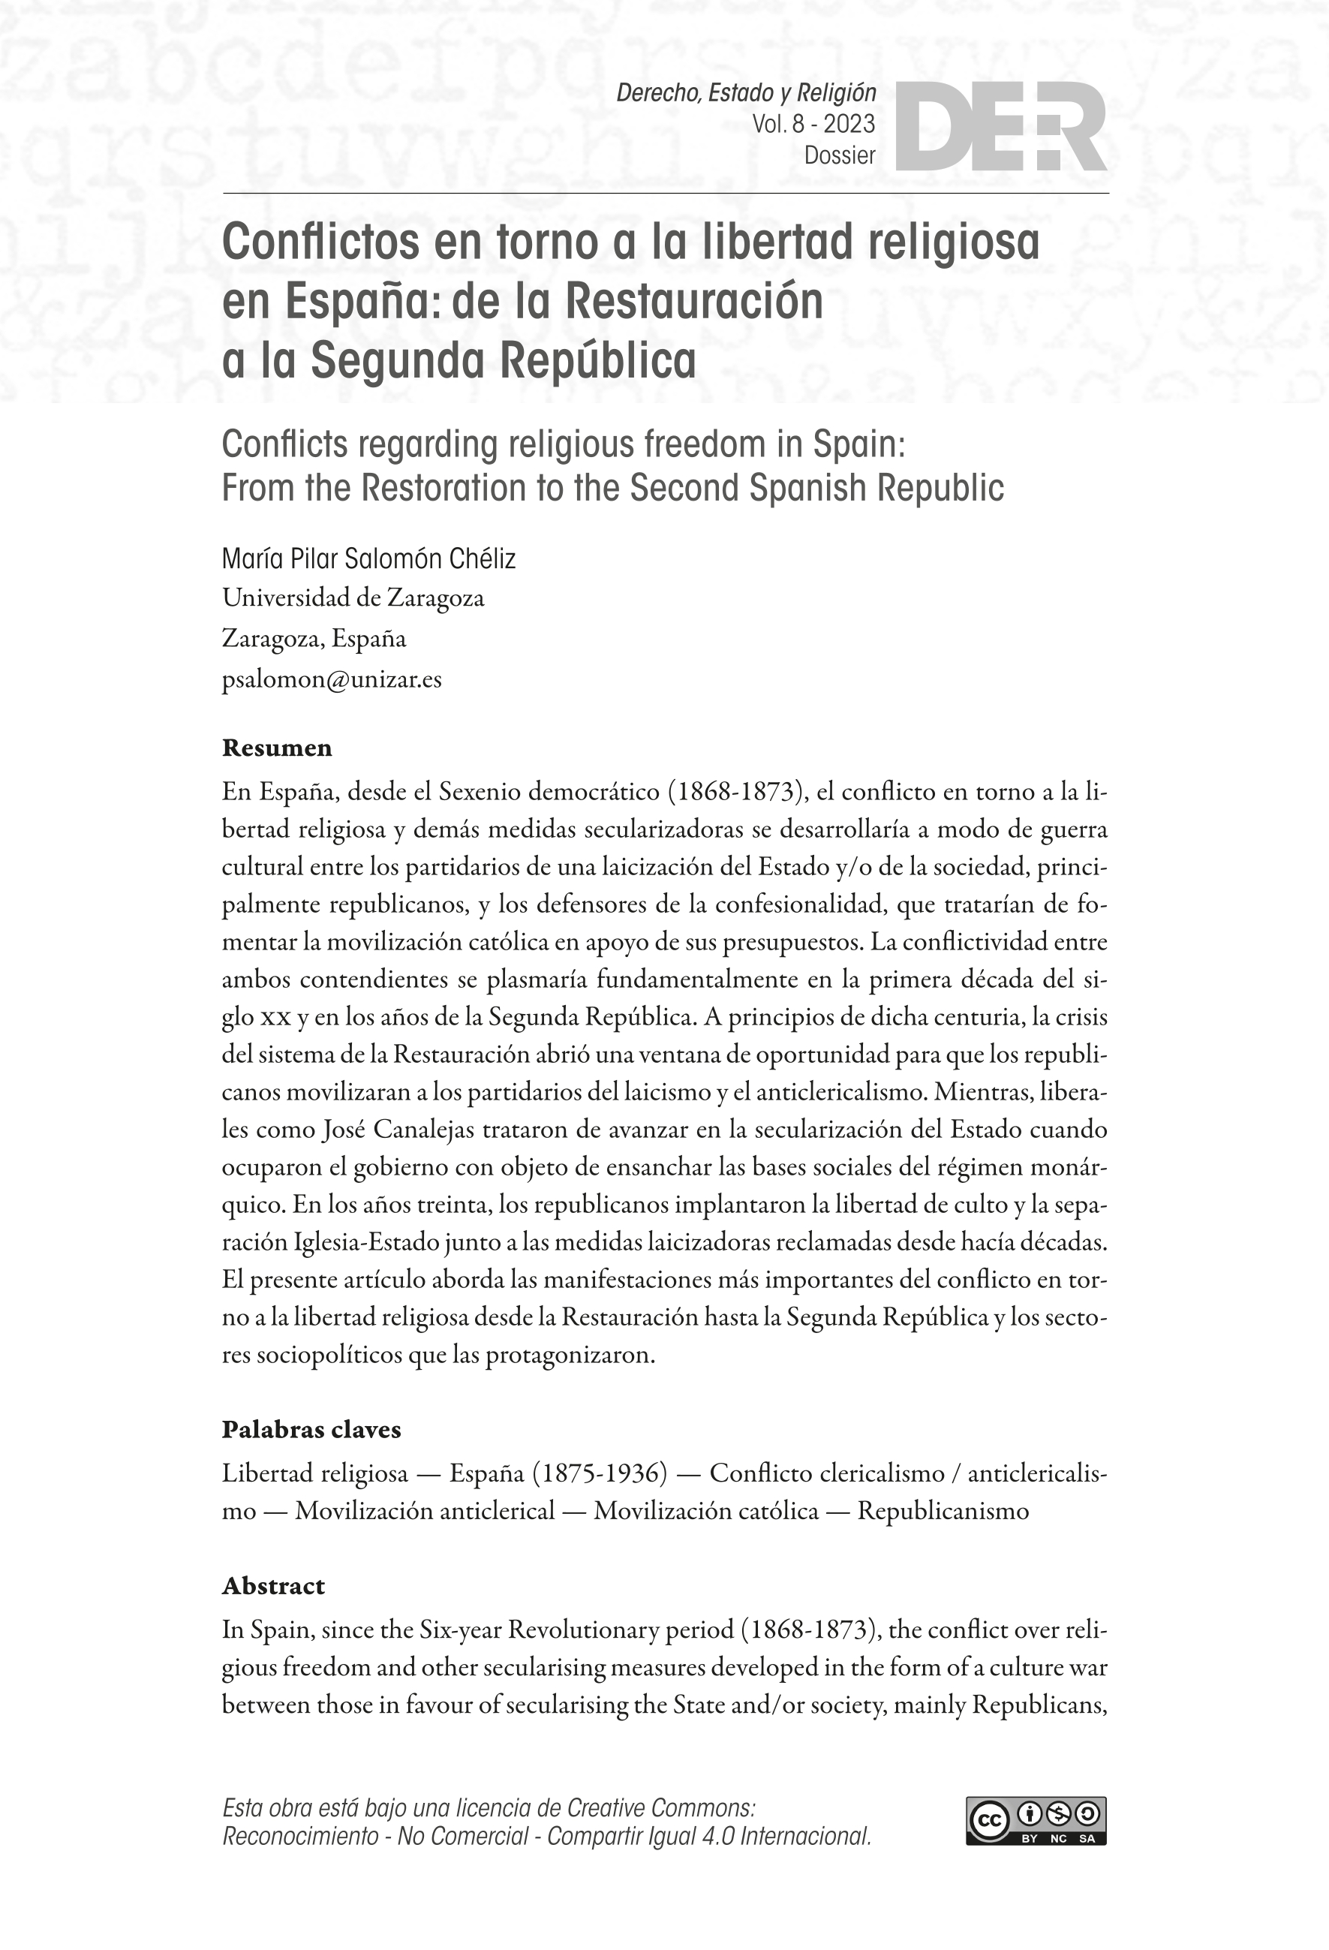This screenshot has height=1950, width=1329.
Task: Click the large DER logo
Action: pyautogui.click(x=1001, y=128)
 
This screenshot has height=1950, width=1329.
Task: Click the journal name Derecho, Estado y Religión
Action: pyautogui.click(x=746, y=93)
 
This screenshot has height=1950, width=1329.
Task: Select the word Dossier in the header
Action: pyautogui.click(x=839, y=155)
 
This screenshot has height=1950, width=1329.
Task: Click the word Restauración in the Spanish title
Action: pyautogui.click(x=695, y=302)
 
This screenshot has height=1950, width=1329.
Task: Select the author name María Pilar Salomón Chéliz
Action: pyautogui.click(x=368, y=559)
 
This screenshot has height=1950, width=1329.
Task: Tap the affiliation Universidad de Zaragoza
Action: pyautogui.click(x=353, y=598)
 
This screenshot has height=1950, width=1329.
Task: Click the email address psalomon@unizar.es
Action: pyautogui.click(x=332, y=679)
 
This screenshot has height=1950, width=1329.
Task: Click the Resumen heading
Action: pyautogui.click(x=276, y=748)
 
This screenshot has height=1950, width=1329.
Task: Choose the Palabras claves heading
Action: pyautogui.click(x=311, y=1430)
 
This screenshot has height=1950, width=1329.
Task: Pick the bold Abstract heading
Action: pyautogui.click(x=272, y=1586)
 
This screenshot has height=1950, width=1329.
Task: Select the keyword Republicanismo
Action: pyautogui.click(x=943, y=1511)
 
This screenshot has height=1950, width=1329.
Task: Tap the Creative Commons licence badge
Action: pyautogui.click(x=1036, y=1822)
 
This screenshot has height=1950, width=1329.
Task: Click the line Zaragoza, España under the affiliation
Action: pyautogui.click(x=314, y=639)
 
